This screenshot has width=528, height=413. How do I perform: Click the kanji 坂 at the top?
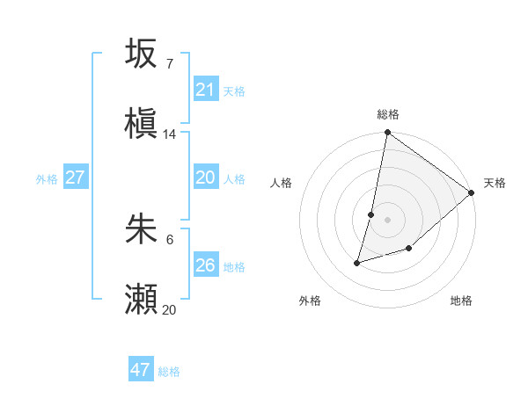point(141,54)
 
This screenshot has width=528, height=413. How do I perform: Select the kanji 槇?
point(141,124)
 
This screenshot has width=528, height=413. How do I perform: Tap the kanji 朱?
point(141,229)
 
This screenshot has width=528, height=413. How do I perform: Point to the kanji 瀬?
point(141,300)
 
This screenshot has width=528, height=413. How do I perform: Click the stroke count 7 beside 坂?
point(170,63)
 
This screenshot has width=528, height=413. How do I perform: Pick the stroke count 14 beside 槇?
point(170,134)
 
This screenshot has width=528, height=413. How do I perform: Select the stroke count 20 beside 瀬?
point(170,309)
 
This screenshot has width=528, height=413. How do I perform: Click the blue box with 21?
point(206,90)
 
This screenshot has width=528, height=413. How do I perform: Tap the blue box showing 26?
point(206,265)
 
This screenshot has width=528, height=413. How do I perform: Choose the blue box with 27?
point(76,178)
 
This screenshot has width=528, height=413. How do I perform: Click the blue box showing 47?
point(141,370)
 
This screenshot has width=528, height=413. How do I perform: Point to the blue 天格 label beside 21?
point(234,91)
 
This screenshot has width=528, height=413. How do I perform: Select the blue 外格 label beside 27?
point(47,178)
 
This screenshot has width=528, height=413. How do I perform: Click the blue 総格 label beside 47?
point(169,372)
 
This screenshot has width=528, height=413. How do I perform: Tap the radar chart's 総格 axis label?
point(388,114)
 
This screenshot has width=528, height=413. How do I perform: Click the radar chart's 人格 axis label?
point(282,183)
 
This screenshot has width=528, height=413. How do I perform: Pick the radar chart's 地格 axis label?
point(461,301)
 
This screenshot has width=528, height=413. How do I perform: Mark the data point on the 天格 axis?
point(472,192)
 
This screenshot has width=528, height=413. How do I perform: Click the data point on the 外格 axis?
point(357,262)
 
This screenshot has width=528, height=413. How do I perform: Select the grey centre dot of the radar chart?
point(387,220)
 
